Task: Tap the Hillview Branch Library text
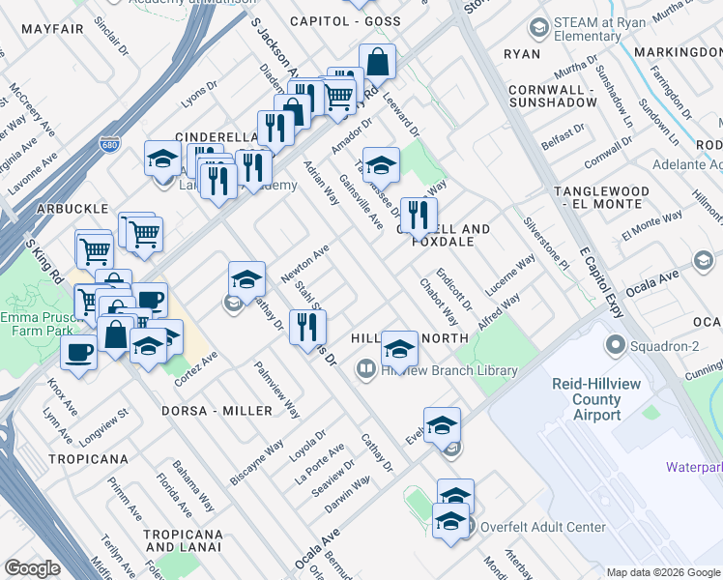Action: point(449,370)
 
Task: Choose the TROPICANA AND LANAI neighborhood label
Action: point(183,541)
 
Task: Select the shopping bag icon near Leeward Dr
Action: point(377,63)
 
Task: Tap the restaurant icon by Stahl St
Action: point(307,328)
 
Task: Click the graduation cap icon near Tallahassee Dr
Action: point(381,165)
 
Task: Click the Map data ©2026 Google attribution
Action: point(663,572)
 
